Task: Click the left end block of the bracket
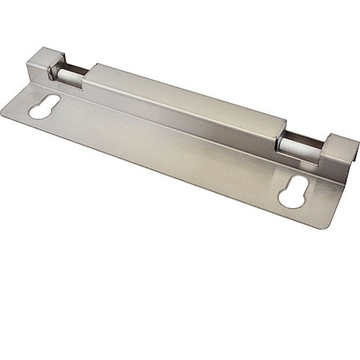(45, 64)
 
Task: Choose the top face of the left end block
(45, 55)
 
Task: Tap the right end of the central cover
(280, 132)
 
